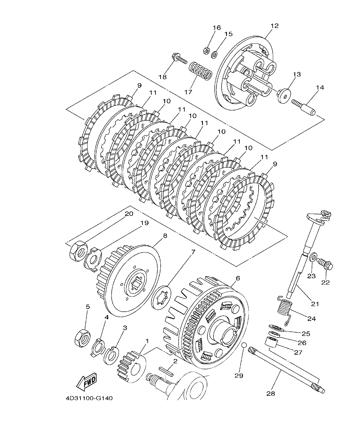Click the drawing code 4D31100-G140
coord(89,398)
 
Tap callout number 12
coord(274,26)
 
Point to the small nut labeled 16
coord(207,50)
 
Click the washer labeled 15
coord(215,54)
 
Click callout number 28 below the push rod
coord(271,393)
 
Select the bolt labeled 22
coord(325,265)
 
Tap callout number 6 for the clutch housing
coord(238,278)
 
